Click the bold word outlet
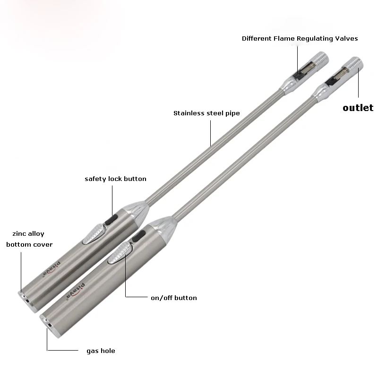[x=358, y=108]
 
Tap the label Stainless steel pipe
[x=206, y=113]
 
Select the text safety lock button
[x=115, y=179]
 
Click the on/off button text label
[x=173, y=298]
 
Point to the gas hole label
[x=101, y=351]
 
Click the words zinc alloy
[x=28, y=233]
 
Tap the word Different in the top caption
[x=258, y=38]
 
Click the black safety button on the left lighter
[x=112, y=219]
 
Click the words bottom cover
[x=29, y=244]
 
